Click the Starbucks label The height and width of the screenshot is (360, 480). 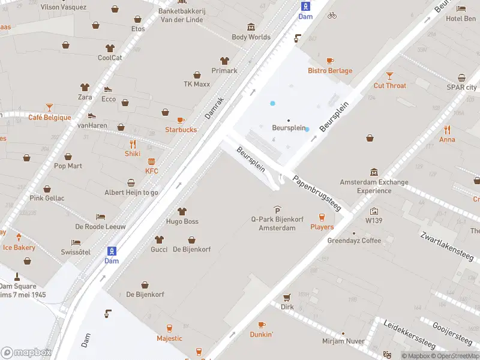[181, 130]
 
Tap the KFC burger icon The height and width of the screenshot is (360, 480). [152, 161]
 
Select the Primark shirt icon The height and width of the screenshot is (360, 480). [224, 61]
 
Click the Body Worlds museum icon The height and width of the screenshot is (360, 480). [251, 27]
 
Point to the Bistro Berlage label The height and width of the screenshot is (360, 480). [330, 71]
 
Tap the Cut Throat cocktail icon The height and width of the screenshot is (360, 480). [390, 76]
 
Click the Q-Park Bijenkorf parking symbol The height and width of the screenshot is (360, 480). [277, 209]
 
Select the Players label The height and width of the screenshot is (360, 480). [322, 227]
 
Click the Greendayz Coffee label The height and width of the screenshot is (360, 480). [354, 241]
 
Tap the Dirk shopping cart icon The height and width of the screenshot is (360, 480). [287, 297]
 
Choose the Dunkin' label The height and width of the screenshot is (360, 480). [262, 334]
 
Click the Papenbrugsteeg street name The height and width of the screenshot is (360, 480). [316, 193]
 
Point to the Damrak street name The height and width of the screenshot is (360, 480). [214, 107]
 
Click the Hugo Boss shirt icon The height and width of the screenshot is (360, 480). [182, 211]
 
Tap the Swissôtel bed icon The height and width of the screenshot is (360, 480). [76, 242]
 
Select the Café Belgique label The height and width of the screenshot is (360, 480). [49, 118]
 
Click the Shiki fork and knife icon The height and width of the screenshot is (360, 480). [133, 144]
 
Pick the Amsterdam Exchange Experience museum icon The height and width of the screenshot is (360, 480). [374, 172]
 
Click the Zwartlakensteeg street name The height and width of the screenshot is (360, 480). [446, 247]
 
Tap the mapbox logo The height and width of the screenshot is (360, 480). [26, 353]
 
